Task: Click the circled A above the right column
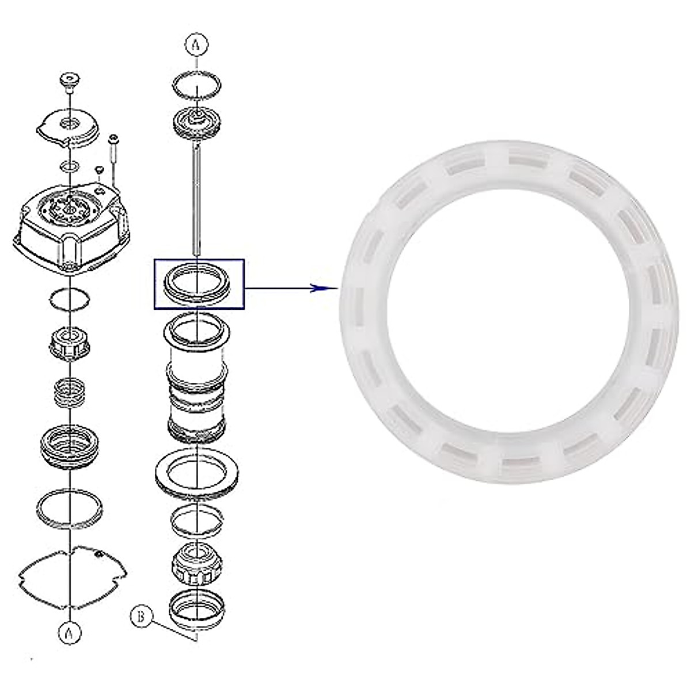click(196, 45)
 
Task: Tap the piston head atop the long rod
click(197, 124)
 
